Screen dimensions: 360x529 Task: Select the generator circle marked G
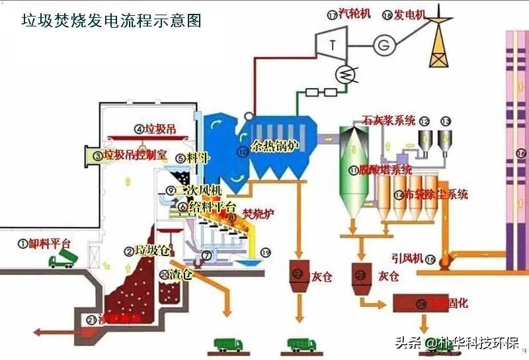(382, 45)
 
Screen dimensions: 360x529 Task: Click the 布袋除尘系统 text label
(436, 195)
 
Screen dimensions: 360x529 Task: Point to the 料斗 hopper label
(198, 158)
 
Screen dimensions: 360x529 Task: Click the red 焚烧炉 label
(257, 214)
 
